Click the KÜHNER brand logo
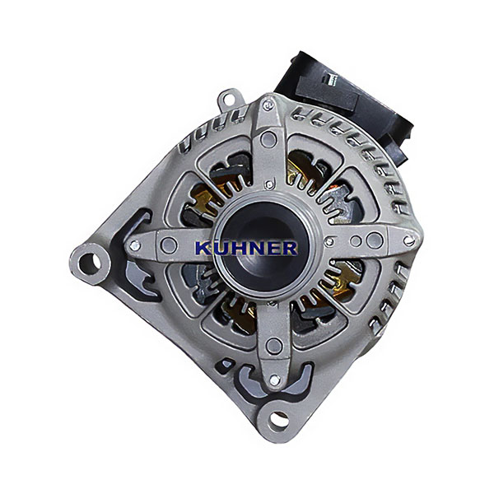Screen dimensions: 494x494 pyautogui.click(x=246, y=248)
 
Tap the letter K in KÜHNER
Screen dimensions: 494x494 pyautogui.click(x=203, y=248)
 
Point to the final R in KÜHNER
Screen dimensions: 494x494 pyautogui.click(x=289, y=248)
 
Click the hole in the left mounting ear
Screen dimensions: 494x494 pyautogui.click(x=90, y=263)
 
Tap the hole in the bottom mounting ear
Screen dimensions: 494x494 pyautogui.click(x=279, y=419)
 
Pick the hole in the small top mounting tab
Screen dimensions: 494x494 pyautogui.click(x=229, y=98)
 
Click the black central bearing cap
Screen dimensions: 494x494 pyautogui.click(x=264, y=245)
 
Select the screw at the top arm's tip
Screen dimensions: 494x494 pyautogui.click(x=268, y=105)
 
